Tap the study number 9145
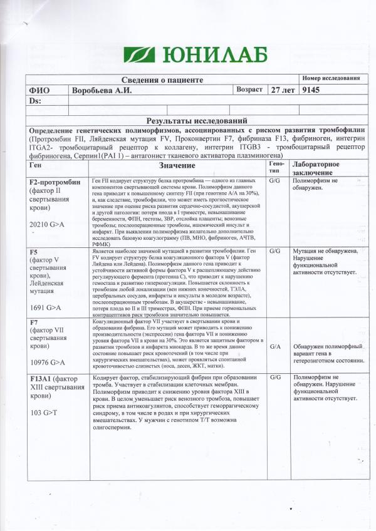point(311,90)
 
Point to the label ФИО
point(39,91)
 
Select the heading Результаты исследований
point(191,120)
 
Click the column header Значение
point(177,165)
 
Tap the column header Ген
point(36,163)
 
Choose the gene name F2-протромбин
point(55,182)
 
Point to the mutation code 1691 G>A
point(46,307)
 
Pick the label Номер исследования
point(330,78)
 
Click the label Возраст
point(249,90)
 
